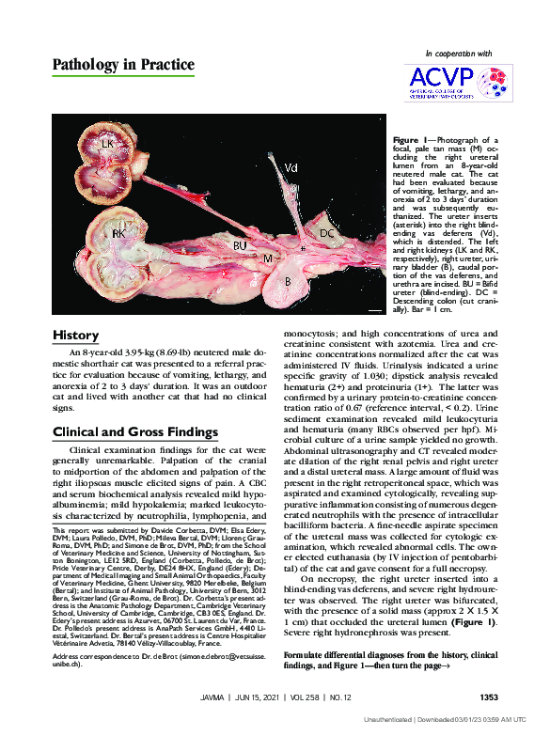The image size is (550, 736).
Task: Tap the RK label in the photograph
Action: coord(119,232)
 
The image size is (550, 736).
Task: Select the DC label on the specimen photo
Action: coord(327,232)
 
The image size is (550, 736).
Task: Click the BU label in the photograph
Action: coord(241,244)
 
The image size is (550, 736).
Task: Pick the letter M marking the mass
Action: coord(268,257)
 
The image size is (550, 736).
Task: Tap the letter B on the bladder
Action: coord(290,279)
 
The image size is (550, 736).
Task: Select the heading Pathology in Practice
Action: coord(123,65)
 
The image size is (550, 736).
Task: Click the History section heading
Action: coord(75,336)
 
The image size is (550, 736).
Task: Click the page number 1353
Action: coord(488,697)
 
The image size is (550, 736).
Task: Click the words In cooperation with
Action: coord(459,54)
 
